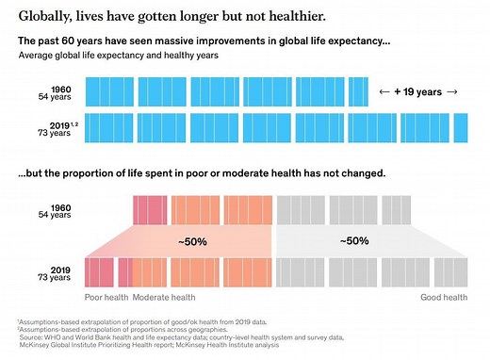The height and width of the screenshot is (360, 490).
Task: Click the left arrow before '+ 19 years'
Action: pyautogui.click(x=383, y=91)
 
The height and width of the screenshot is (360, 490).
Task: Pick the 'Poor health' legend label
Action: pyautogui.click(x=106, y=297)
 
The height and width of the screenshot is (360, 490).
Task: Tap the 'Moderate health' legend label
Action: pyautogui.click(x=163, y=297)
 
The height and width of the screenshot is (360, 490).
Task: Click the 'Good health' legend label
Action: pyautogui.click(x=443, y=297)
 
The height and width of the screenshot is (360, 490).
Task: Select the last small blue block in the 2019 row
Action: pyautogui.click(x=461, y=127)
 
